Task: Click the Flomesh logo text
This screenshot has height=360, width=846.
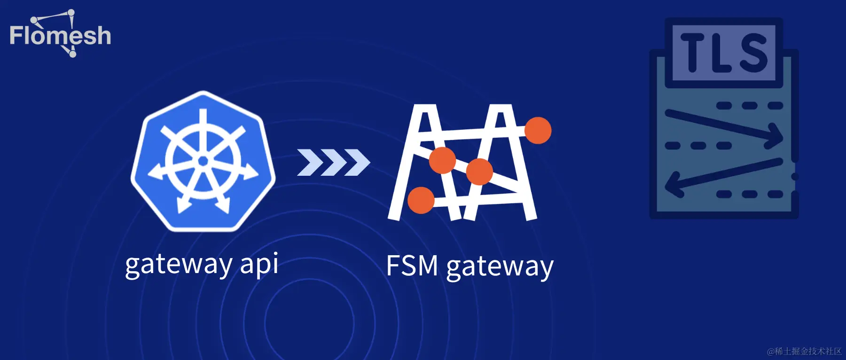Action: [60, 36]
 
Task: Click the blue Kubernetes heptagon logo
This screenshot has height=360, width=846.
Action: [203, 161]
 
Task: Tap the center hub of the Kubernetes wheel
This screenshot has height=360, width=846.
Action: [203, 161]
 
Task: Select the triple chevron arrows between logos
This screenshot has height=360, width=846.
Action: [333, 162]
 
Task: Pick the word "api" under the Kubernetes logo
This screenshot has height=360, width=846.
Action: [259, 264]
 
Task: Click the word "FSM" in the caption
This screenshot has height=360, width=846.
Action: [412, 266]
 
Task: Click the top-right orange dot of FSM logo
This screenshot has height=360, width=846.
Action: [538, 130]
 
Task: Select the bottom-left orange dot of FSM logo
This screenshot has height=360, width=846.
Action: [421, 200]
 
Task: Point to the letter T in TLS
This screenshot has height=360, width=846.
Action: [693, 52]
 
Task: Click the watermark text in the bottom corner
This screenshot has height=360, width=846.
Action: [804, 351]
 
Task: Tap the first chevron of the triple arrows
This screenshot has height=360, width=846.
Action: [308, 162]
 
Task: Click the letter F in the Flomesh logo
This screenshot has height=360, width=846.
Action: [16, 36]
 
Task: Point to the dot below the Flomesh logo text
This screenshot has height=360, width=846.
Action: [72, 54]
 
